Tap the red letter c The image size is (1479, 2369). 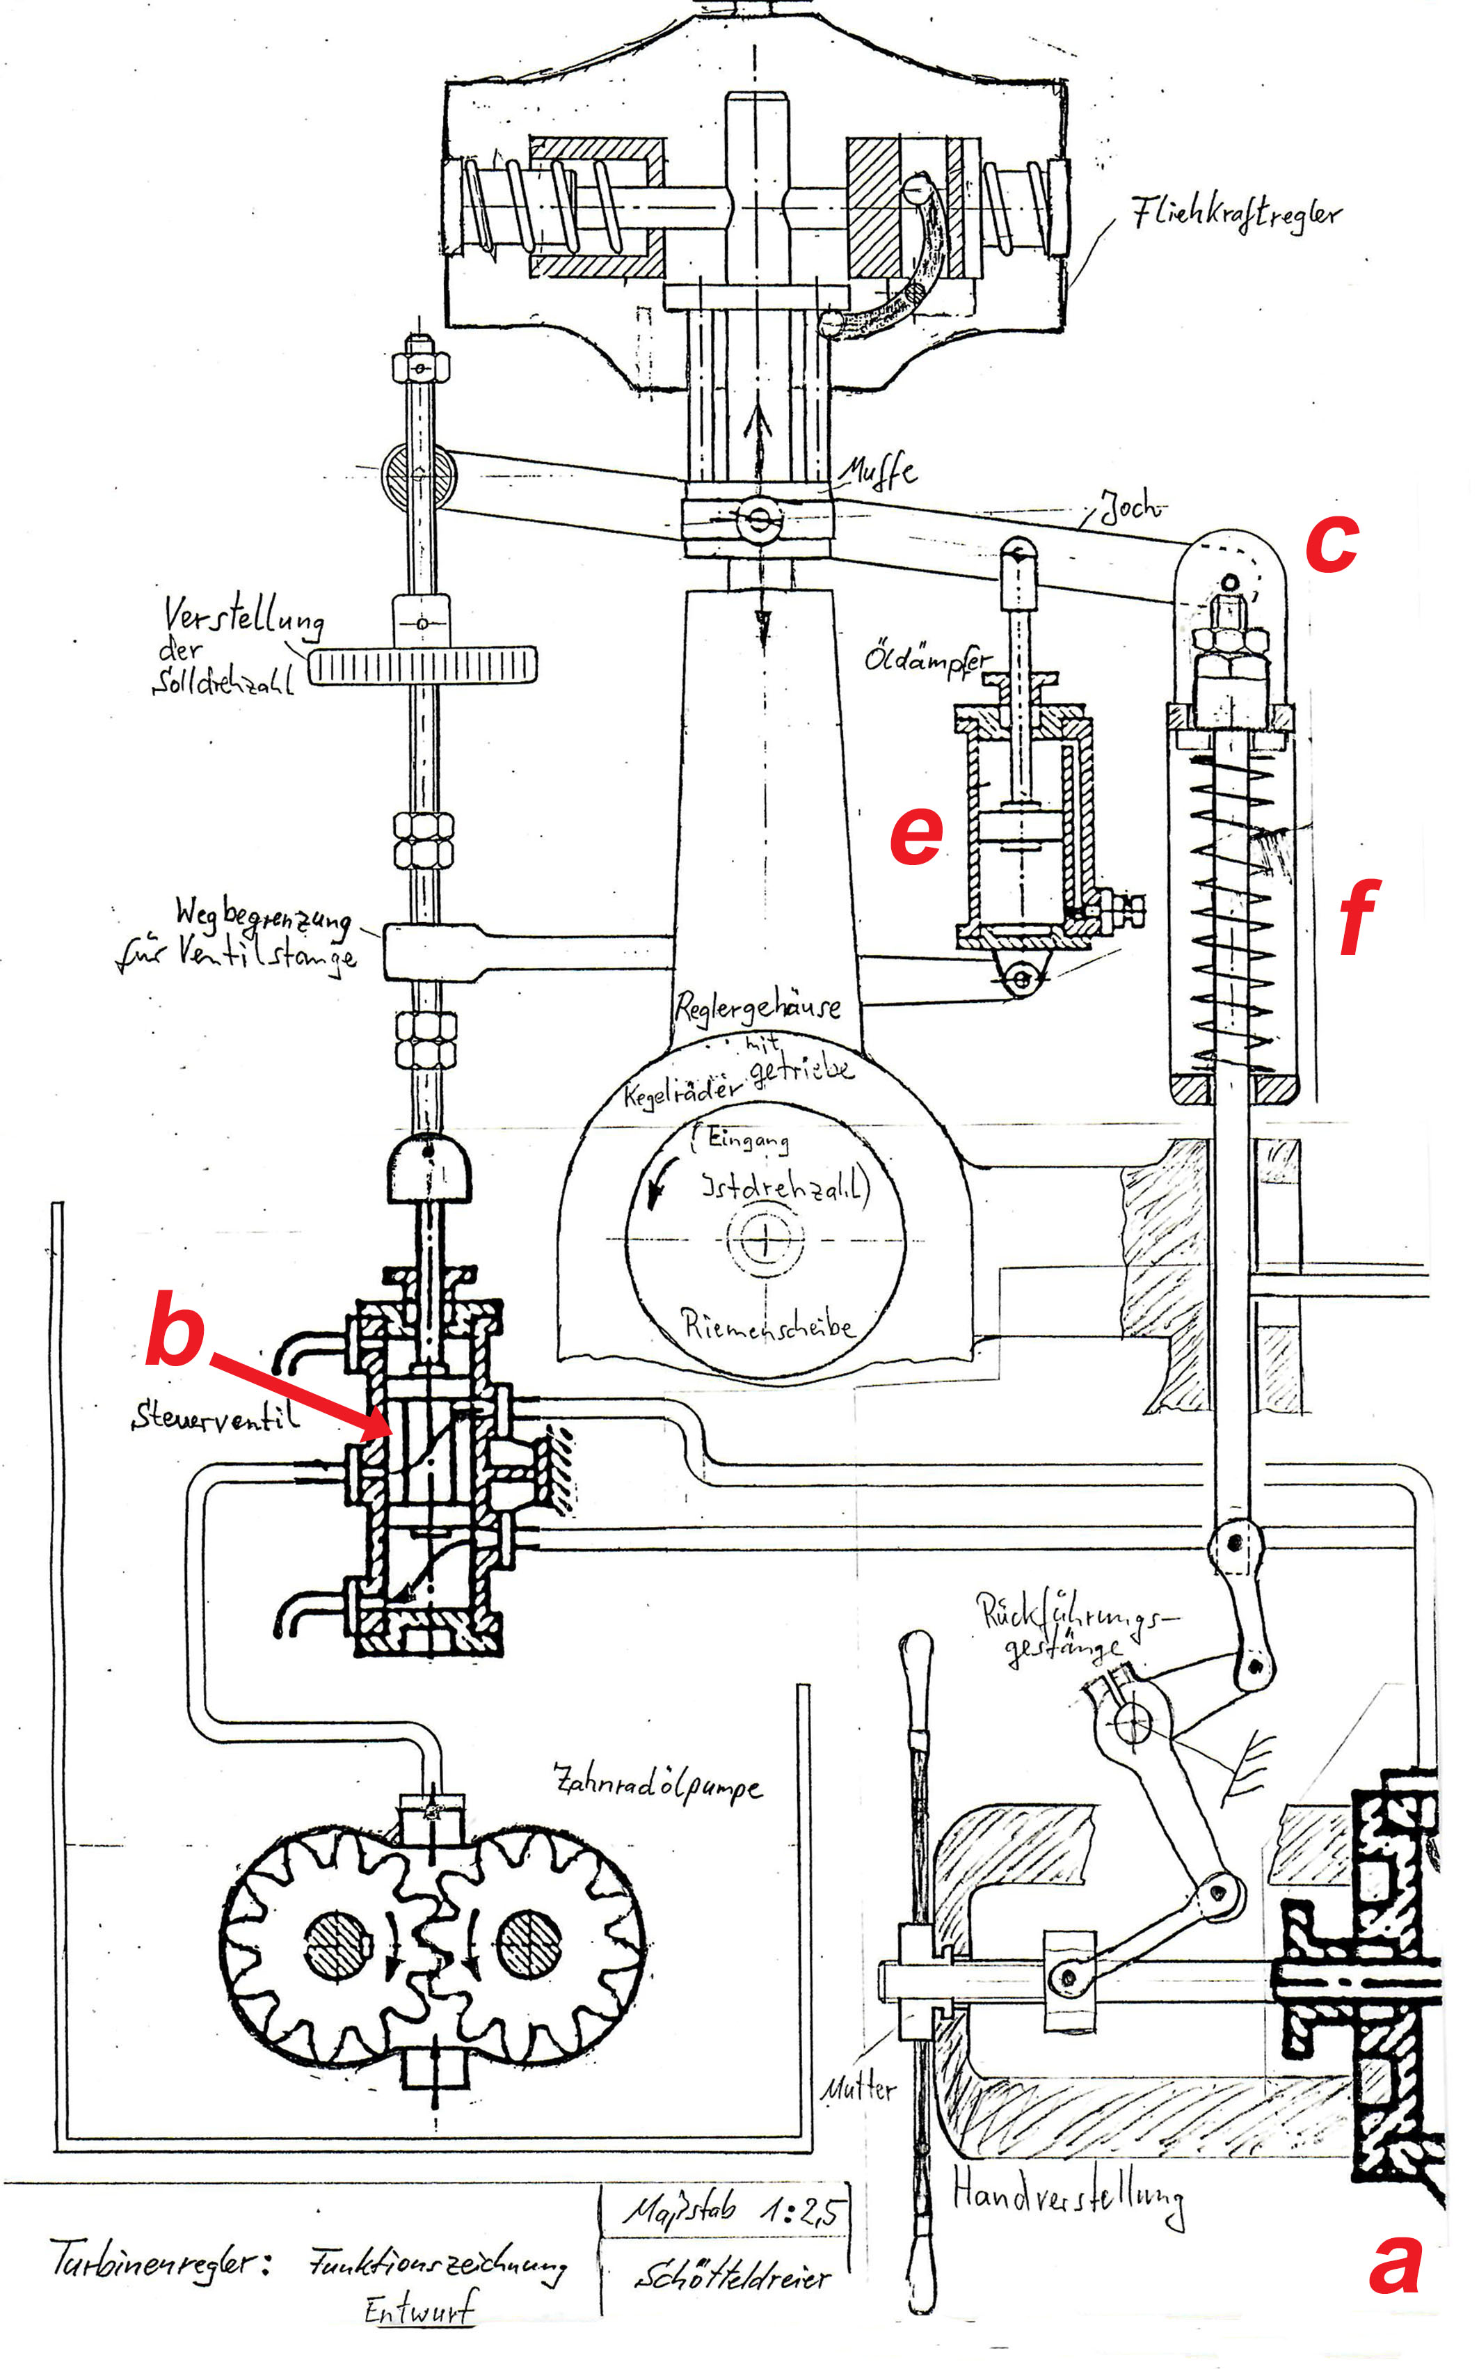tap(1332, 542)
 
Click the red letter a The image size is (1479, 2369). tap(1394, 2265)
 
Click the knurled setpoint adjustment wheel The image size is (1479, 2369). tap(422, 667)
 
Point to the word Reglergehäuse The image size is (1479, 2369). tap(758, 1005)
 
